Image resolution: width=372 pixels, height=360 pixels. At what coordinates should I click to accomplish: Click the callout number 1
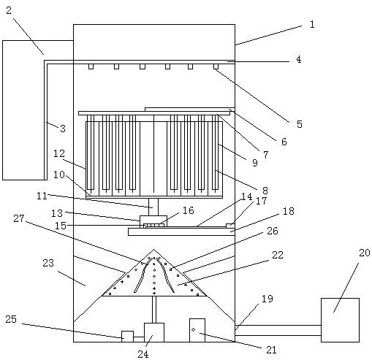coord(312,24)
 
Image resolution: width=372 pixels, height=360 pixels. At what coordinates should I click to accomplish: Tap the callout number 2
coord(9,10)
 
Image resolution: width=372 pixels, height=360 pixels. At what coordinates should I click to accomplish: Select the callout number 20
coord(365,253)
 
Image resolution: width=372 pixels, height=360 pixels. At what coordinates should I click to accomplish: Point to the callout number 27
coord(19,218)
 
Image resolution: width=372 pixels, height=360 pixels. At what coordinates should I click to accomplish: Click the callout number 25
coord(11,319)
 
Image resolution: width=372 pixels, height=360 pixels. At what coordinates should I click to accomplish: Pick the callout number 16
coord(189,210)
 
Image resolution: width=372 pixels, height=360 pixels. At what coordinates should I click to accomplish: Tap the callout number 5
coord(300,124)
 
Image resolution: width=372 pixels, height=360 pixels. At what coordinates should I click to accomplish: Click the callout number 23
coord(48,263)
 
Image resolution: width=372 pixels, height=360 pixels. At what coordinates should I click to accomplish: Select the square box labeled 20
coord(340,320)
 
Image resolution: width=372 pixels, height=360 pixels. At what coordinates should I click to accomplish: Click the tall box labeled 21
coord(197,330)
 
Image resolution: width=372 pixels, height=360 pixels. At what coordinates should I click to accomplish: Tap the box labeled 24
coord(154,332)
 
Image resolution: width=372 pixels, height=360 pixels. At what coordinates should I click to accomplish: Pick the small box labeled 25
coord(127,337)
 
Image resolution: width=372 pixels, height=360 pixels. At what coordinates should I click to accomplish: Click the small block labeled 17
coord(230,226)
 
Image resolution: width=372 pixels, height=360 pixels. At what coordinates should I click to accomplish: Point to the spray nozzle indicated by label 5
coord(216,66)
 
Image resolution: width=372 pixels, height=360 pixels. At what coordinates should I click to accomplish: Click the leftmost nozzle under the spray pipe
coord(91,66)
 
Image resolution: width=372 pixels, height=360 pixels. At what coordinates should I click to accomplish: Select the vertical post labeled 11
coord(153,207)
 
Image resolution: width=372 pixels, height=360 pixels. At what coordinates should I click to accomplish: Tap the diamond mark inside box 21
coord(194,329)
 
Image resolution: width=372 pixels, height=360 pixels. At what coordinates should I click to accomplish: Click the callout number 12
coord(59,153)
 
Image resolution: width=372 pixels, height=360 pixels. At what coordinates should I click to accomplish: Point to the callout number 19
coord(267,299)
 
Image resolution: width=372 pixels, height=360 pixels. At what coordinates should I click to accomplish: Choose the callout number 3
coord(63,129)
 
